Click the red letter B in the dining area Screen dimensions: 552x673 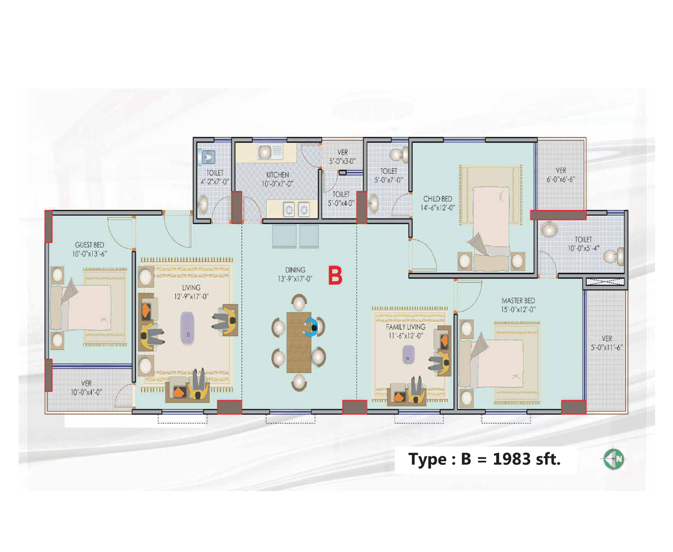tap(336, 276)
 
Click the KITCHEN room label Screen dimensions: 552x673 tap(278, 175)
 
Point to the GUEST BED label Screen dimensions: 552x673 tap(90, 245)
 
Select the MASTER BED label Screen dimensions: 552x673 tap(518, 300)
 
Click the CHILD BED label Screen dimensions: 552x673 tap(438, 199)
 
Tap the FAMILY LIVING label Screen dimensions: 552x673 tap(406, 327)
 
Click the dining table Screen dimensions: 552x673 tap(298, 342)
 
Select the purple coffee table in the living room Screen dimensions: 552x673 tap(187, 326)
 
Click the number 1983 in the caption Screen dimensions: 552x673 tap(511, 459)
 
